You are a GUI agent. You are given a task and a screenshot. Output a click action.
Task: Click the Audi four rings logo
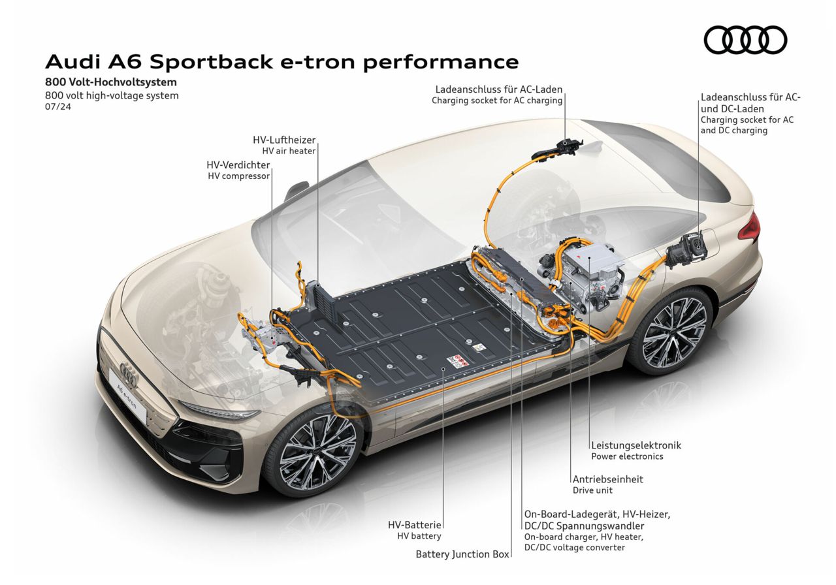tap(745, 39)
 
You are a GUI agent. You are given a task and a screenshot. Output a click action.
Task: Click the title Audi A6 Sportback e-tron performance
tap(281, 62)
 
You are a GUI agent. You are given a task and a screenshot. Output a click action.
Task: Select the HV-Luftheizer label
tap(284, 140)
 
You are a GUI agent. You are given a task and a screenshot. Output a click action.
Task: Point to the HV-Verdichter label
tap(238, 165)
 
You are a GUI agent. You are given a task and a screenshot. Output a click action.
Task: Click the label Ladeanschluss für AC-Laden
tap(498, 89)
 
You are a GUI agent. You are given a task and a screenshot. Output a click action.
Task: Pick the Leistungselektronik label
tap(635, 445)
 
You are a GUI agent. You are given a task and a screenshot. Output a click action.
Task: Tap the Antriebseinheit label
tap(607, 479)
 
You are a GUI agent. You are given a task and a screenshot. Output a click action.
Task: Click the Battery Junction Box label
tap(462, 554)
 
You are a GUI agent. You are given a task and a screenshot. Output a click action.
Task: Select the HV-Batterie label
tap(415, 524)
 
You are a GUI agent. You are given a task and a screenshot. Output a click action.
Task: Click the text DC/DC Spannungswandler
tap(584, 526)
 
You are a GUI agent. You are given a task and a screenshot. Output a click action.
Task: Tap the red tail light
tap(752, 227)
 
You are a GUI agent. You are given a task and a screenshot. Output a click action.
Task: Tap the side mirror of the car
tap(298, 190)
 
